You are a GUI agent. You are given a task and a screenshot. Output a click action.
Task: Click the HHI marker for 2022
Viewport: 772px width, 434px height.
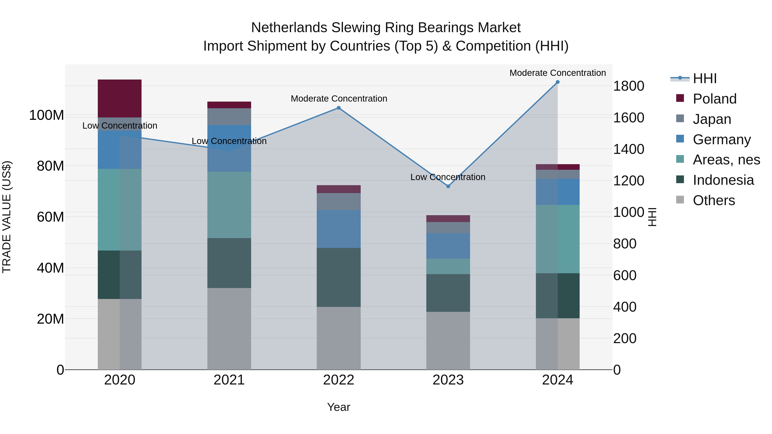click(339, 108)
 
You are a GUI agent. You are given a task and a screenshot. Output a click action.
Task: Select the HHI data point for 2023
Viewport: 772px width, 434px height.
click(448, 186)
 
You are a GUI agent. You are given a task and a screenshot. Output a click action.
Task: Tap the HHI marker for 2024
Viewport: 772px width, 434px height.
click(557, 82)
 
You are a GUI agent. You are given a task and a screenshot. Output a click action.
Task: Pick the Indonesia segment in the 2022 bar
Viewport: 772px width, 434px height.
click(339, 277)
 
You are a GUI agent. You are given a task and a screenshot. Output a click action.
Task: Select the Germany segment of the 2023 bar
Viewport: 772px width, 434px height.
click(448, 246)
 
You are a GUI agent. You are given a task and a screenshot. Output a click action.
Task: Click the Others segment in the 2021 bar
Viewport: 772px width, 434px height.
click(229, 329)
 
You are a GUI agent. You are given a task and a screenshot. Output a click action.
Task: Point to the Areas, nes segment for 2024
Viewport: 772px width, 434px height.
click(557, 239)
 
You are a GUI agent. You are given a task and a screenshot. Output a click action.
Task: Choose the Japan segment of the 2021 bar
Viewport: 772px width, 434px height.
click(229, 117)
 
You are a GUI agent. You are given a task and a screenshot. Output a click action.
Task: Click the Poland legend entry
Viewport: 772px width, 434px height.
click(715, 99)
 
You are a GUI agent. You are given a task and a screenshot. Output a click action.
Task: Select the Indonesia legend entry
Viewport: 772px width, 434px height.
click(723, 180)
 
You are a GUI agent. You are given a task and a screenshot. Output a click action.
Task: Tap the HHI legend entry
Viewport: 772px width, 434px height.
click(704, 78)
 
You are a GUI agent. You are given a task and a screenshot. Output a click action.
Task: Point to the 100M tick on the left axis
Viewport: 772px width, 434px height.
click(47, 115)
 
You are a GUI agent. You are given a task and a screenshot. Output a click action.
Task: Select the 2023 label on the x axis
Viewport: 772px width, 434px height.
click(448, 380)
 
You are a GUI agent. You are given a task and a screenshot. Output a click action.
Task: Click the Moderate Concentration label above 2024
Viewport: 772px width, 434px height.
click(557, 73)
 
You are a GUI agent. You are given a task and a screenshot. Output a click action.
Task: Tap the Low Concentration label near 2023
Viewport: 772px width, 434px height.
click(448, 177)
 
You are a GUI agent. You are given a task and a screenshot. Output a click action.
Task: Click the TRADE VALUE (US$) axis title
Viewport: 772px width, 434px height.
click(7, 217)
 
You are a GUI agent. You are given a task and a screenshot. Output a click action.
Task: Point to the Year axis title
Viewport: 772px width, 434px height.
click(339, 407)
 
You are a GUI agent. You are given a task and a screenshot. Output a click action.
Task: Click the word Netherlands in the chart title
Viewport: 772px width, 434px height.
click(289, 28)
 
